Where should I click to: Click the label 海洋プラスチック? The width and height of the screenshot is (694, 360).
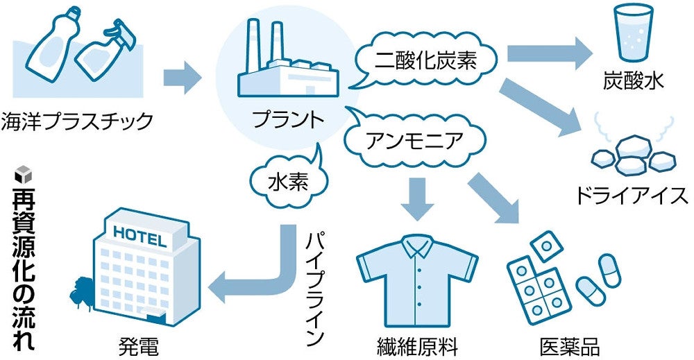76,121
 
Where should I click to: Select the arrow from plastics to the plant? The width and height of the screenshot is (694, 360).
183,77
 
